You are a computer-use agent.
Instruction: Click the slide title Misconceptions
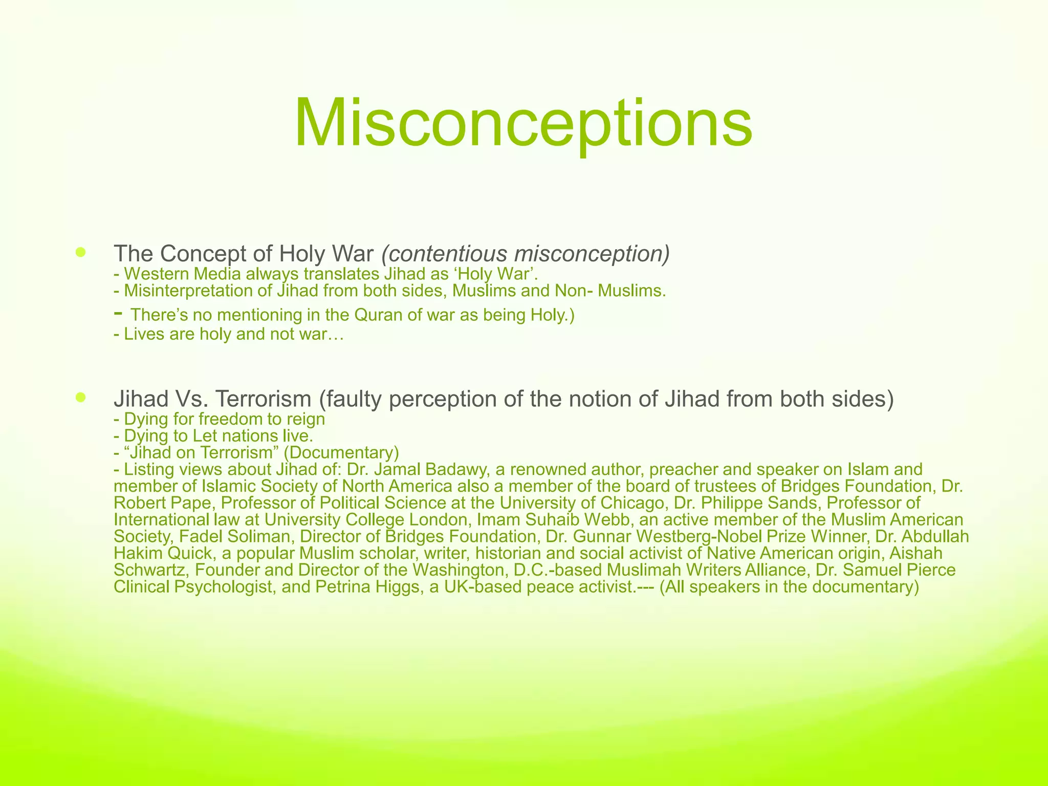coord(523,123)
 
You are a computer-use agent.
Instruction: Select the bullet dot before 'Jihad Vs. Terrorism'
coord(80,397)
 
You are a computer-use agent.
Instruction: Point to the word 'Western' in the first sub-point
coord(156,274)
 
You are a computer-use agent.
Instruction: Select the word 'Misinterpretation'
coord(192,291)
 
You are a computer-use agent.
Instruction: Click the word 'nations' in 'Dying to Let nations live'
coord(250,436)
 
